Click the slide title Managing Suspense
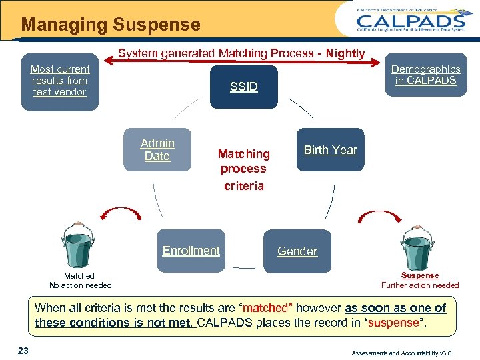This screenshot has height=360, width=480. click(111, 25)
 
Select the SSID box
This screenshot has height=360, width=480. click(243, 87)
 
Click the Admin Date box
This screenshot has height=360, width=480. click(157, 149)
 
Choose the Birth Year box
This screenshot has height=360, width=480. click(331, 149)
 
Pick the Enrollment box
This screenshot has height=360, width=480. click(191, 251)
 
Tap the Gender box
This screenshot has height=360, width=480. click(297, 251)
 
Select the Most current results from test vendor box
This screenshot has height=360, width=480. click(60, 81)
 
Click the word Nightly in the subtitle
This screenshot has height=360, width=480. click(345, 53)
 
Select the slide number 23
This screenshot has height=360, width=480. click(23, 351)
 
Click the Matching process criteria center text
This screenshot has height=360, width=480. click(244, 169)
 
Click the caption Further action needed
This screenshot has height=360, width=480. click(420, 285)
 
